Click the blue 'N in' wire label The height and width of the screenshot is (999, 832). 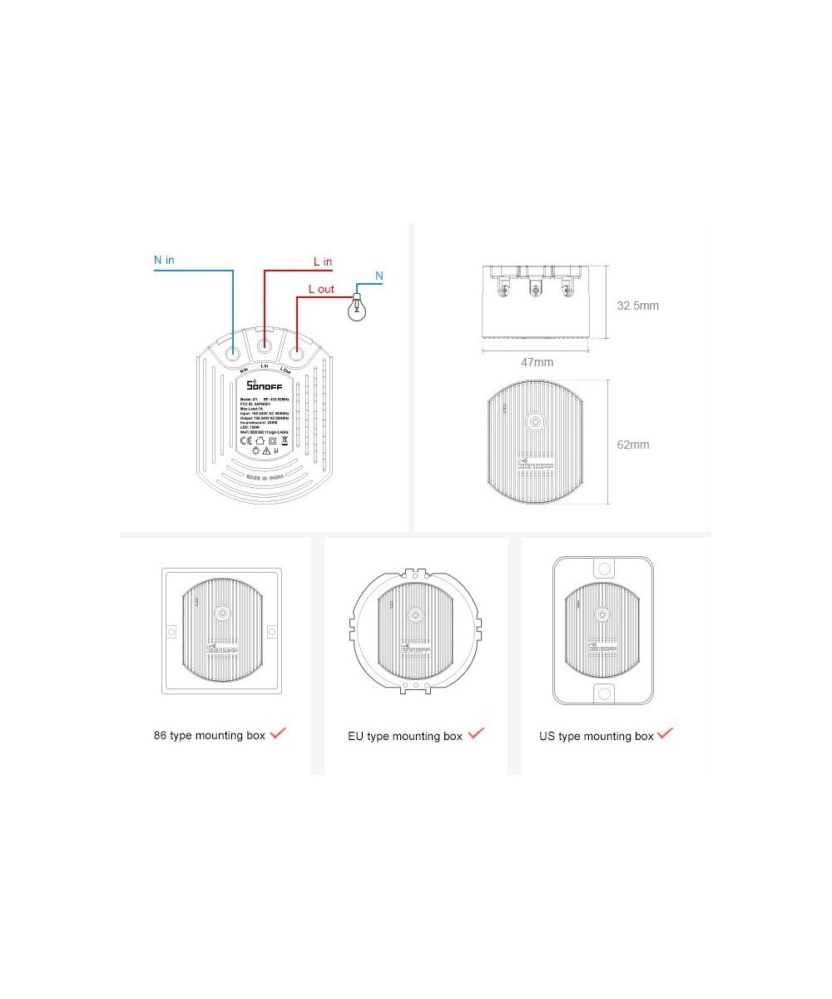coord(164,260)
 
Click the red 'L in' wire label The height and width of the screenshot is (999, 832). coord(322,261)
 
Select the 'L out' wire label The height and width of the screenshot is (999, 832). coord(321,289)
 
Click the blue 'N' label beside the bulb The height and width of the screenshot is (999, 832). coord(379,276)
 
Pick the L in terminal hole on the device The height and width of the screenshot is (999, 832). coord(265,343)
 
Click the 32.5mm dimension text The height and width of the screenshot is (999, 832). coord(637,306)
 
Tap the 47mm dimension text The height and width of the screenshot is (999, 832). coord(537,362)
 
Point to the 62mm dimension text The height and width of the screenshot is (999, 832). coord(632,445)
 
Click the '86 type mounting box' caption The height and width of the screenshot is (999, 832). coord(210,736)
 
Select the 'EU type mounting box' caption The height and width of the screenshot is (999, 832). coord(404,737)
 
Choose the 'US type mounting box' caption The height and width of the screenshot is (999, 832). coord(596,737)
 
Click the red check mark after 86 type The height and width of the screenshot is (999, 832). coord(278,733)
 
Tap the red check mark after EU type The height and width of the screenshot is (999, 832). coord(476,733)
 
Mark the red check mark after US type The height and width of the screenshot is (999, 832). coord(666,733)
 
